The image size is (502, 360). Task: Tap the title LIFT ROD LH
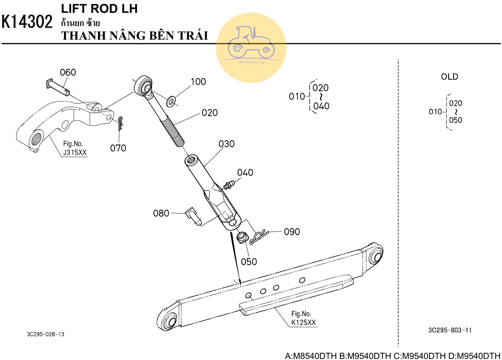click(x=99, y=9)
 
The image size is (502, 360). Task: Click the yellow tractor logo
click(x=251, y=47)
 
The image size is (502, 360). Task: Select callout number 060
click(x=68, y=72)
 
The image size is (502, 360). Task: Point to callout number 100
click(x=198, y=82)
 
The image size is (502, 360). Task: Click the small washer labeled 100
click(x=171, y=101)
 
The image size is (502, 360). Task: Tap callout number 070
click(x=118, y=148)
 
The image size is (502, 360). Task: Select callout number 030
click(x=227, y=144)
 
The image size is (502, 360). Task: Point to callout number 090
click(x=292, y=232)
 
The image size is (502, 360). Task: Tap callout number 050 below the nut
click(x=249, y=262)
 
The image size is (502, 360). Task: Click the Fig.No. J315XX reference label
click(x=74, y=148)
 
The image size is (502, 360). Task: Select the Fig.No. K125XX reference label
click(x=303, y=318)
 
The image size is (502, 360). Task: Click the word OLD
click(x=449, y=77)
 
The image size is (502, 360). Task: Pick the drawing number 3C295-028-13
click(x=46, y=334)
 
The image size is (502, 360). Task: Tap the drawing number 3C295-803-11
click(x=450, y=330)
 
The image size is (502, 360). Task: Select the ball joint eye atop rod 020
click(x=145, y=86)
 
